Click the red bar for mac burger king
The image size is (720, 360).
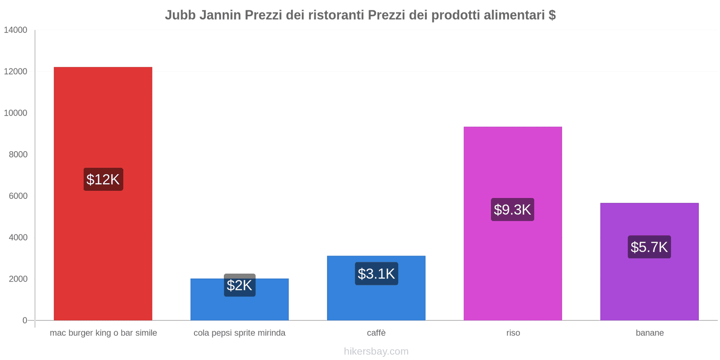103,112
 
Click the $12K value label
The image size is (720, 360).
103,180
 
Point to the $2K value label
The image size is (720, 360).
239,285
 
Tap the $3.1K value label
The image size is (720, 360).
376,274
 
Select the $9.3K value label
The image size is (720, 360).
513,210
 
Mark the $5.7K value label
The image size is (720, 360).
649,247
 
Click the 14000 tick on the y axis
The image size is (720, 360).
16,30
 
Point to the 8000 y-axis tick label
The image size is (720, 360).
18,154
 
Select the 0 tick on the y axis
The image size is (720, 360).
25,320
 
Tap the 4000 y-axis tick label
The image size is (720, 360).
18,237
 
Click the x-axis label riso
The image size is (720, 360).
513,333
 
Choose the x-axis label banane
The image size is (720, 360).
650,333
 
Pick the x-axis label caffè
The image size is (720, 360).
376,333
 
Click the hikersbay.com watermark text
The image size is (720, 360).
376,351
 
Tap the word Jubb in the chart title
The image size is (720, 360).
180,15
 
